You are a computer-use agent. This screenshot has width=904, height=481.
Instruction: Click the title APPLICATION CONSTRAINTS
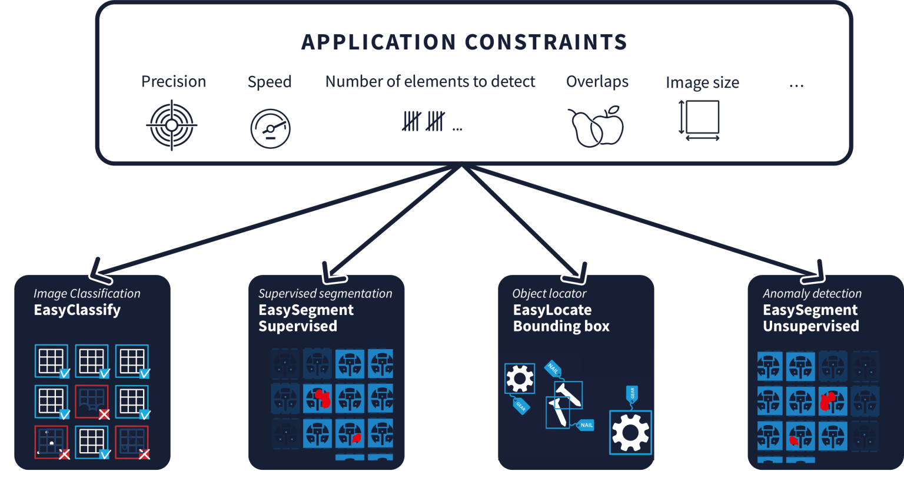464,42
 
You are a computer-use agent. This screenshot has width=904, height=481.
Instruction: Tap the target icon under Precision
172,125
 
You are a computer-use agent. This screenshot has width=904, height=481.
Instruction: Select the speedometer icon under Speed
270,129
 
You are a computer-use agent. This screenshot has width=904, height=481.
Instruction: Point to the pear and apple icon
596,127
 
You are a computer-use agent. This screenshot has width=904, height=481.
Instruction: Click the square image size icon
699,120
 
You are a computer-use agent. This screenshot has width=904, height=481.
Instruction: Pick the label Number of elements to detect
430,82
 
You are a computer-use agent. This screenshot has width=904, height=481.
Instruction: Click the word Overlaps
597,82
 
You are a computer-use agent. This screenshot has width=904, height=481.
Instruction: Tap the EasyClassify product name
77,310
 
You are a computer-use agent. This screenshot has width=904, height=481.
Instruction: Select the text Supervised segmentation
325,294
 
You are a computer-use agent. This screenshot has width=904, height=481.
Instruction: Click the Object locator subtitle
549,294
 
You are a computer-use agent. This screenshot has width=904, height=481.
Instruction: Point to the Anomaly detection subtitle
812,294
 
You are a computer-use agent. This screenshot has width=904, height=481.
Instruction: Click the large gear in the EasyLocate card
630,433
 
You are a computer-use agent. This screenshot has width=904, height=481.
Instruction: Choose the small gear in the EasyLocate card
520,379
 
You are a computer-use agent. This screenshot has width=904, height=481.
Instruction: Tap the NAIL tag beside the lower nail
586,425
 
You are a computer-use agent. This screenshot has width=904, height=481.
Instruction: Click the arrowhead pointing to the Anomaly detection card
815,273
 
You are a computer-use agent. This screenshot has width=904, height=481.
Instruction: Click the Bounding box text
561,326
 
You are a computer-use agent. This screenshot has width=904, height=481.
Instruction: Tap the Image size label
702,82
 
